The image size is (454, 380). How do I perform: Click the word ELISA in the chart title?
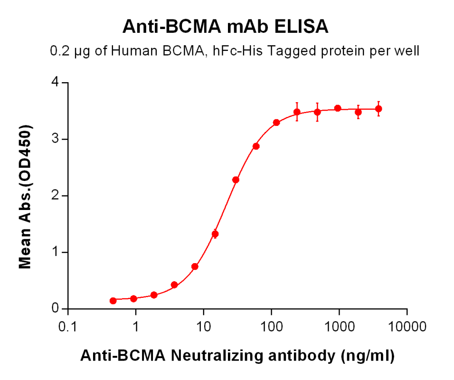pyautogui.click(x=302, y=27)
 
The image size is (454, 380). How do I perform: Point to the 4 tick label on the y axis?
pyautogui.click(x=57, y=83)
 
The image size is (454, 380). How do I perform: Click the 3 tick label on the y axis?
pyautogui.click(x=57, y=139)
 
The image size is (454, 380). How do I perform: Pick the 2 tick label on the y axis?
pyautogui.click(x=57, y=196)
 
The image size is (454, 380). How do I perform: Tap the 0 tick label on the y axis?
pyautogui.click(x=57, y=309)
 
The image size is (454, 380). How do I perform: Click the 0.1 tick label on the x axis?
pyautogui.click(x=68, y=327)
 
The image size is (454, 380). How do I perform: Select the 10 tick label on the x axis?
pyautogui.click(x=204, y=327)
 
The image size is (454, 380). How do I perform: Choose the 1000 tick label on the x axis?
pyautogui.click(x=339, y=327)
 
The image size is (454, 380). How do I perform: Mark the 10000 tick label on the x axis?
pyautogui.click(x=407, y=327)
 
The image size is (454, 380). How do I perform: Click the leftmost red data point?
pyautogui.click(x=113, y=301)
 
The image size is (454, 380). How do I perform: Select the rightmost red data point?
pyautogui.click(x=378, y=109)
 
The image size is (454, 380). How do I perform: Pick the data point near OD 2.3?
pyautogui.click(x=236, y=180)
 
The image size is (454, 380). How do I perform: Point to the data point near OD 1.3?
pyautogui.click(x=215, y=234)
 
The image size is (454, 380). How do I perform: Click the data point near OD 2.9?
pyautogui.click(x=256, y=146)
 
